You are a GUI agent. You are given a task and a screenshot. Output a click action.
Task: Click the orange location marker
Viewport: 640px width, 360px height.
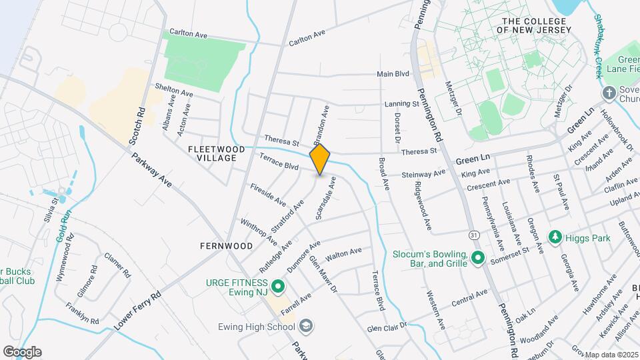pyautogui.click(x=320, y=159)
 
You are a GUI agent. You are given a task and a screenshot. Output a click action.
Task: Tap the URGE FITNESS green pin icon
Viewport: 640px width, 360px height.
pyautogui.click(x=277, y=287)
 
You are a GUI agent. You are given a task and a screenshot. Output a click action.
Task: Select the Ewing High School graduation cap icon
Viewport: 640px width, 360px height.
pyautogui.click(x=306, y=326)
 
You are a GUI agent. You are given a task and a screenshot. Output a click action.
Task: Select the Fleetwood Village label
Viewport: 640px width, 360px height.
pyautogui.click(x=217, y=153)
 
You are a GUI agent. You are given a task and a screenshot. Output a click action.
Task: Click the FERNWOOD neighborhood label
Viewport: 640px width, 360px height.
pyautogui.click(x=226, y=246)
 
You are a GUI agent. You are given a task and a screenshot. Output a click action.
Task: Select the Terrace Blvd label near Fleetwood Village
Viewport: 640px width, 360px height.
pyautogui.click(x=279, y=163)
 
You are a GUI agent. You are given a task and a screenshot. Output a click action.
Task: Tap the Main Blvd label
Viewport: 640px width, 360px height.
pyautogui.click(x=393, y=75)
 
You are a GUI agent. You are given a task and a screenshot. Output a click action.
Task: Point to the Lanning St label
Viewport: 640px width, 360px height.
pyautogui.click(x=401, y=104)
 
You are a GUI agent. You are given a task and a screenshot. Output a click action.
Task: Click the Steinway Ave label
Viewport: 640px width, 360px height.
pyautogui.click(x=423, y=174)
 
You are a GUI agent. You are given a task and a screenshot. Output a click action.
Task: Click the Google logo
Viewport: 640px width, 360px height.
pyautogui.click(x=22, y=351)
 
